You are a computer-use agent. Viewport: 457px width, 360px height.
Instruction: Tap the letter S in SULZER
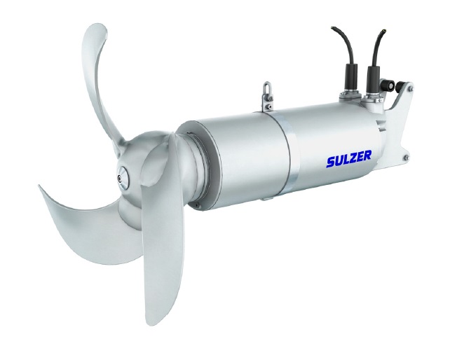[331, 162]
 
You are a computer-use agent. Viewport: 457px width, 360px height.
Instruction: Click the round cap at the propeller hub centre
[123, 176]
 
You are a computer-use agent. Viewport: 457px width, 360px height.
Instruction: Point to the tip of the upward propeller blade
[97, 26]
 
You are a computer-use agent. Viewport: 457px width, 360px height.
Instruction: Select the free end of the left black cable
[332, 28]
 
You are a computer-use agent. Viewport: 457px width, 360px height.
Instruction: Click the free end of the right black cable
[386, 29]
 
